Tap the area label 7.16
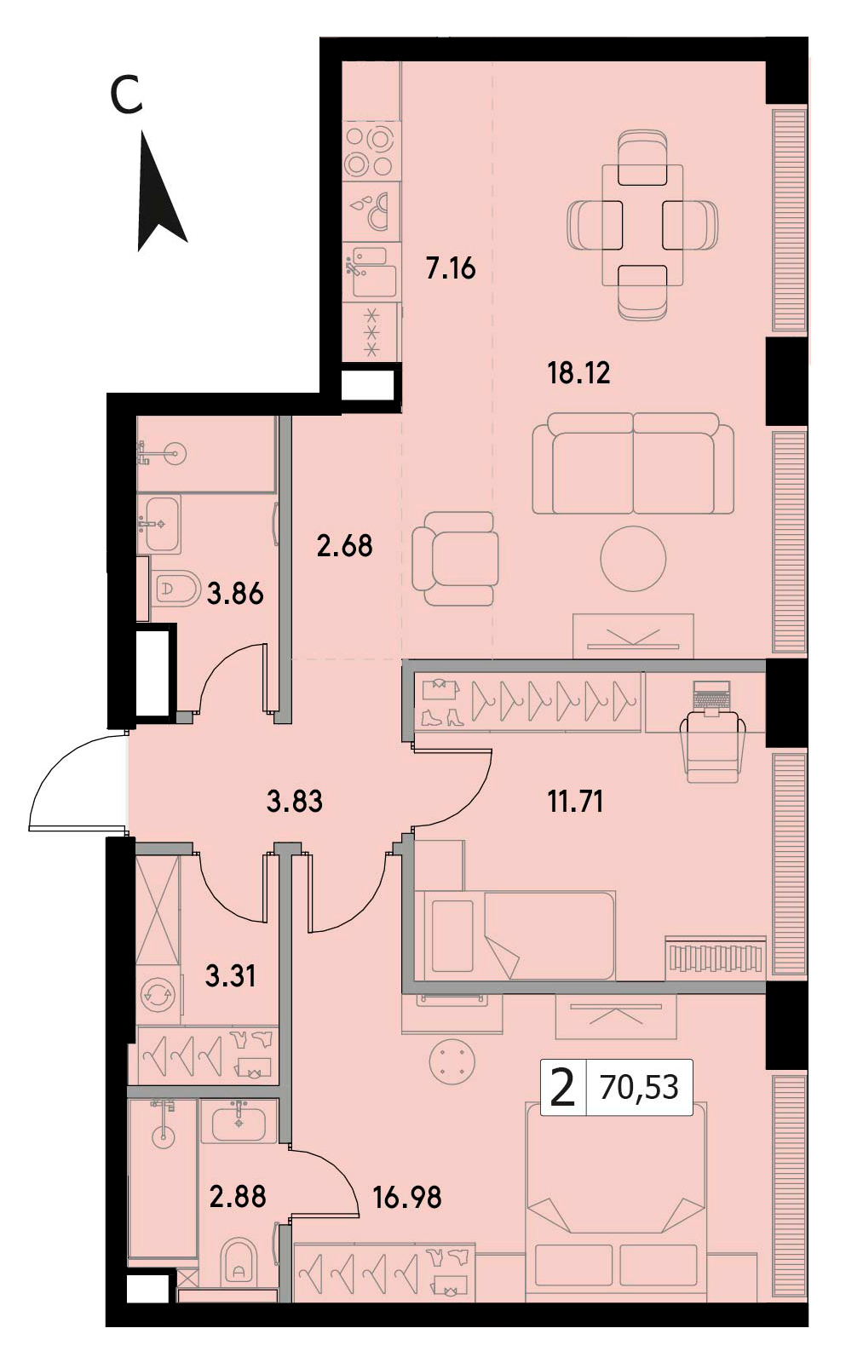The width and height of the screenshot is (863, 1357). (451, 268)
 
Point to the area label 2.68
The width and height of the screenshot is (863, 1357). (344, 545)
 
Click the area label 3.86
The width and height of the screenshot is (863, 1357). (235, 594)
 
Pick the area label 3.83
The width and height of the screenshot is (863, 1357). (295, 802)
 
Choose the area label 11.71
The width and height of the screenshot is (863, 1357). (575, 802)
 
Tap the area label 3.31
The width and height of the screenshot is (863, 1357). (230, 976)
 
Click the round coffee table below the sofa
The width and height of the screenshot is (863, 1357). (633, 559)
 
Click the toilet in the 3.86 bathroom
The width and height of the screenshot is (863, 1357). (173, 587)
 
